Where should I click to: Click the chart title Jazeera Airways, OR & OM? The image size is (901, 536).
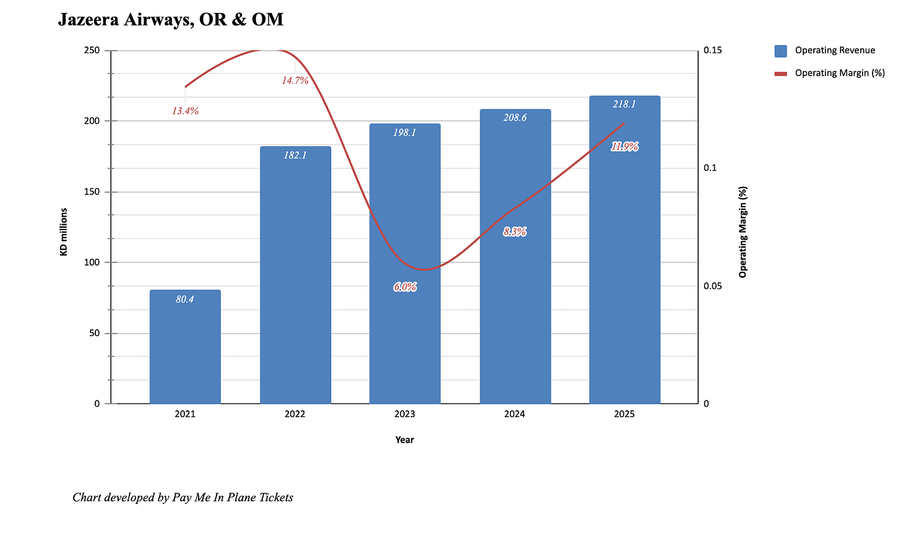[x=171, y=20]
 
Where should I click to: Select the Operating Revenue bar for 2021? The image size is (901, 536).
[x=185, y=347]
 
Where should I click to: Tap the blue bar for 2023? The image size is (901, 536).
[x=405, y=264]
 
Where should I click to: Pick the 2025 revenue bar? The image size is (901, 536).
[x=624, y=249]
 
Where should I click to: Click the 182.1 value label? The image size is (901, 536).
[x=295, y=155]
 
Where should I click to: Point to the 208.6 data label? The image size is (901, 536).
[x=515, y=118]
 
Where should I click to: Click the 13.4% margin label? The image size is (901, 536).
[x=186, y=111]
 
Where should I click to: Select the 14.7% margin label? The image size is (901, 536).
[x=295, y=80]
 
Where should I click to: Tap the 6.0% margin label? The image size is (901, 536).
[x=405, y=287]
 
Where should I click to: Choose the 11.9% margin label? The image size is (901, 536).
[x=624, y=147]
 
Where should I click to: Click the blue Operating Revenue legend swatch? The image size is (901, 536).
[x=781, y=51]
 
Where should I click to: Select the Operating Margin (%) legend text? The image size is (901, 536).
[x=840, y=73]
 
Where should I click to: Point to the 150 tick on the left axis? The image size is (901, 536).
[x=92, y=192]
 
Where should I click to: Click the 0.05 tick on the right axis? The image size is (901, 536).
[x=713, y=286]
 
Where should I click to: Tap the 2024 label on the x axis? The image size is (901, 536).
[x=514, y=414]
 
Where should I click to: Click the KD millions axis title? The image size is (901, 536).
[x=64, y=231]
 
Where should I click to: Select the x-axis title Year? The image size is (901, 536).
[x=405, y=440]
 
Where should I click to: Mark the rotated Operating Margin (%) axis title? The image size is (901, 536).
[x=743, y=232]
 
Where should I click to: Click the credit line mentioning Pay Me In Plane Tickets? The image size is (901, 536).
[x=183, y=498]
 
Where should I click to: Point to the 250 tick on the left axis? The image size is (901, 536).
[x=92, y=50]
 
